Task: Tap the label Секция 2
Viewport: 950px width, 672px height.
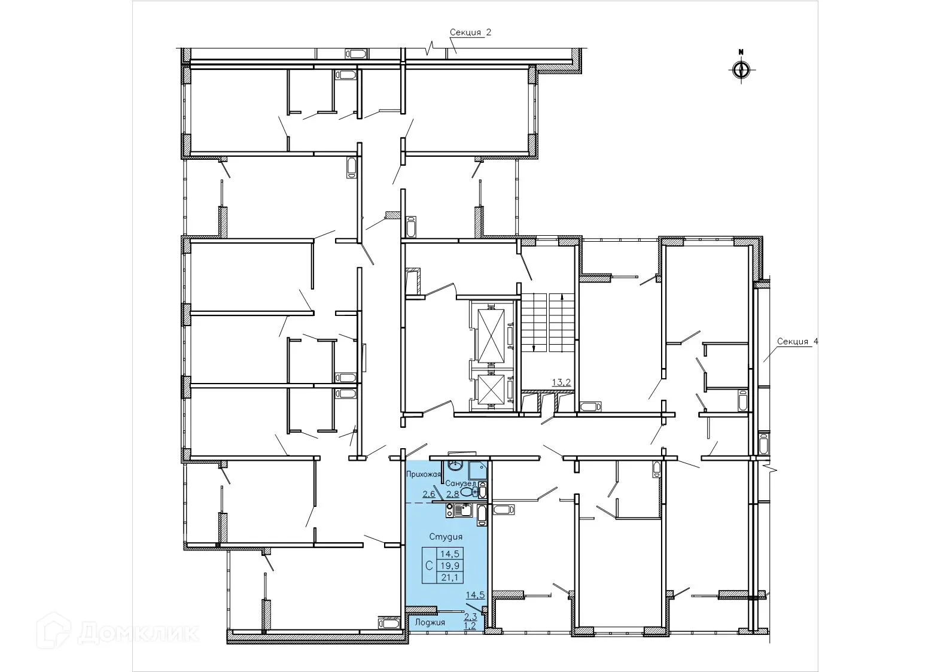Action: (470, 32)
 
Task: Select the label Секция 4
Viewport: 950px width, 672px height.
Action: (797, 342)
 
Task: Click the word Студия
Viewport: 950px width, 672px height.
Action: (446, 537)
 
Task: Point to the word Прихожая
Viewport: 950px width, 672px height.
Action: (424, 474)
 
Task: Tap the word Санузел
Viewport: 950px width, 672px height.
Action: (460, 484)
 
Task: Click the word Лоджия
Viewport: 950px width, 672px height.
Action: (430, 622)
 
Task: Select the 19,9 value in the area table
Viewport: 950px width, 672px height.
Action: (449, 565)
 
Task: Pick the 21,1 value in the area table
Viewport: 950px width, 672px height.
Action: (449, 577)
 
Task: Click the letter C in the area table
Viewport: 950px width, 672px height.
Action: (429, 565)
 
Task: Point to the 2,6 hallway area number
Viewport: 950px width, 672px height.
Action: (429, 494)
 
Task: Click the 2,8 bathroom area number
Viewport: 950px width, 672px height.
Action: (452, 494)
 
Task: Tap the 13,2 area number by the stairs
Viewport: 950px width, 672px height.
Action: (561, 382)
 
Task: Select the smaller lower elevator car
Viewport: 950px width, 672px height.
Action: (491, 388)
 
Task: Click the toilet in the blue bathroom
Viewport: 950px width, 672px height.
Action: (469, 492)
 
